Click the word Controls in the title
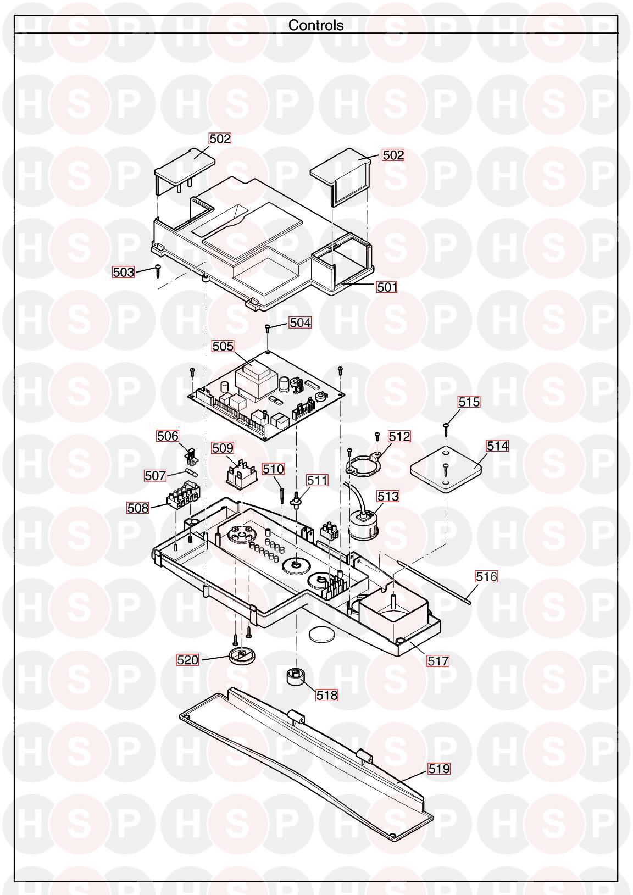316,25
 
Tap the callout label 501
387,287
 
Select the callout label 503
123,272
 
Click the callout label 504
300,323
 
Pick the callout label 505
223,346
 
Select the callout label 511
317,480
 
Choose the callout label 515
469,402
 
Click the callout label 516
486,576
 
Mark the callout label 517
438,661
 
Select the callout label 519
439,769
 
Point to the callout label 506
168,436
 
